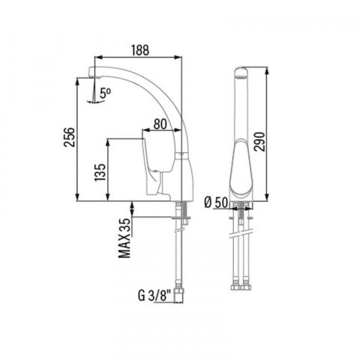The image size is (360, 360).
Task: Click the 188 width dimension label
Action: tap(140, 50)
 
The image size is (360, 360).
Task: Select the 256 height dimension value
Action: tap(69, 137)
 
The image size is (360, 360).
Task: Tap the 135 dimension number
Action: tap(100, 172)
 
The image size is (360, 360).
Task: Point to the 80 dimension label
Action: tap(160, 124)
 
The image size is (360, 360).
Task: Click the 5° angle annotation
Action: tap(105, 93)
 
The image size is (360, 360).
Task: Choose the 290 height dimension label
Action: tap(259, 142)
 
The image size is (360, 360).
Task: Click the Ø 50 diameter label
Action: tap(217, 202)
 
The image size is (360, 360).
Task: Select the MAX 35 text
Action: tap(125, 238)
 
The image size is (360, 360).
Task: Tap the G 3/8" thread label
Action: tap(154, 296)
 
